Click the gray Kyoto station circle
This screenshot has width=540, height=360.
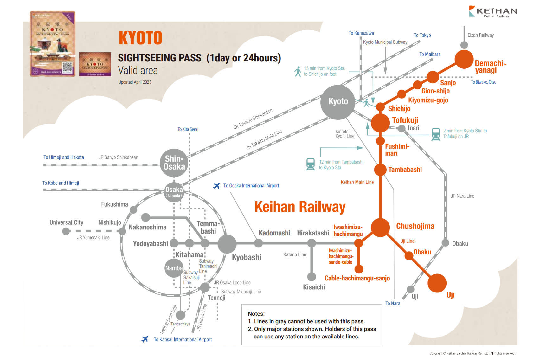tap(338, 102)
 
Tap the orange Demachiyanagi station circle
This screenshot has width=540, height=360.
tap(464, 59)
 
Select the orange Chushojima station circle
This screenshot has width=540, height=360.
tap(380, 227)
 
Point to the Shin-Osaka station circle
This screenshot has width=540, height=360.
tap(174, 163)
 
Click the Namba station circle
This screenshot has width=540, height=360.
tap(174, 268)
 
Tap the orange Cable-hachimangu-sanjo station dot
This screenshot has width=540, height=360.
tap(359, 269)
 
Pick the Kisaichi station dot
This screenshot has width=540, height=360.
tap(312, 277)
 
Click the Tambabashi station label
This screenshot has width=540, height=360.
tap(405, 170)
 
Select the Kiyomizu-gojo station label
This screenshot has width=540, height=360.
tap(428, 100)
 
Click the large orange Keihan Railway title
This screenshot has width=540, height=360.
tap(300, 207)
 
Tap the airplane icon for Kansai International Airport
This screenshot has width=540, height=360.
tap(145, 339)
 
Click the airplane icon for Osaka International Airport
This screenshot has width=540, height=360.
tap(216, 186)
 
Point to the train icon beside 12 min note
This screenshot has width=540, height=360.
tap(310, 164)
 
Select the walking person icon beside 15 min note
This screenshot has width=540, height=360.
tap(298, 71)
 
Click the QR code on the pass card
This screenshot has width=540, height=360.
tap(67, 67)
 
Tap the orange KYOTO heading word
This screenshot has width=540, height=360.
tap(140, 38)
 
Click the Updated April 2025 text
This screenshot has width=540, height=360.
tap(135, 82)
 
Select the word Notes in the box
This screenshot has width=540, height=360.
tap(256, 314)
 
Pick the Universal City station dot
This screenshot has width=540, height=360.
tap(66, 231)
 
